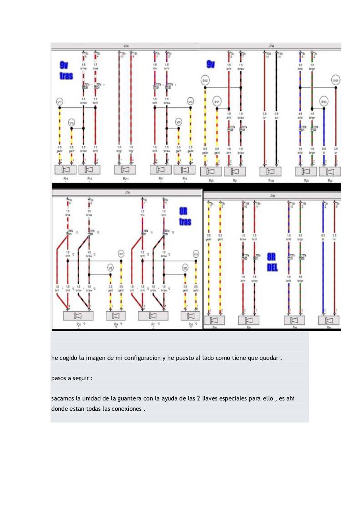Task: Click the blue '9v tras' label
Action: (66, 70)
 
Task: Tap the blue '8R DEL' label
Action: (272, 262)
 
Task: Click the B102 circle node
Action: (205, 81)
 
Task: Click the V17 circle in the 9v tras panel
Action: (60, 102)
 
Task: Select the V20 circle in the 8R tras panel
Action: (185, 269)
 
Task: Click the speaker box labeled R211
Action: (125, 170)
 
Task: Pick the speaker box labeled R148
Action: (271, 171)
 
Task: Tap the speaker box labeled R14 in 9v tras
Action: (65, 170)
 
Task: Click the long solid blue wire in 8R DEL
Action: (324, 274)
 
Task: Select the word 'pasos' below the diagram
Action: (59, 378)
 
